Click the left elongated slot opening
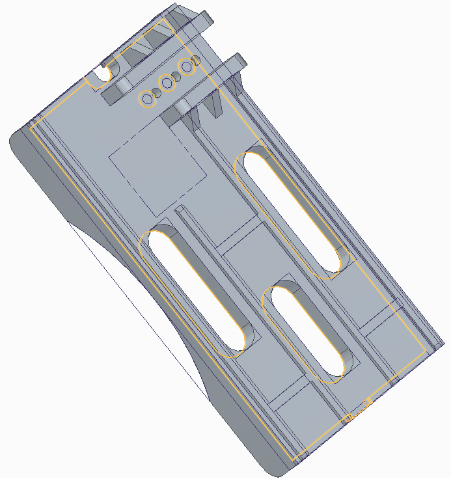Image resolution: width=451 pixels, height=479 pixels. [195, 293]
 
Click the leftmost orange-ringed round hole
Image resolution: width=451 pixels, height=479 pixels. [148, 100]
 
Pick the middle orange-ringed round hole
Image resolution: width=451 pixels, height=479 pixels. [167, 83]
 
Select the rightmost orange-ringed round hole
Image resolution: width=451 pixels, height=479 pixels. [187, 66]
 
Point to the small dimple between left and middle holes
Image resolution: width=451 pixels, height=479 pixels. [156, 92]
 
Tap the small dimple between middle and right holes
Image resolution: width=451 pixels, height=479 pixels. [177, 75]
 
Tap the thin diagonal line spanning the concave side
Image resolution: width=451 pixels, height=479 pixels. [137, 306]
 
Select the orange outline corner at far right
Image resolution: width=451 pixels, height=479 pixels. [428, 351]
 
